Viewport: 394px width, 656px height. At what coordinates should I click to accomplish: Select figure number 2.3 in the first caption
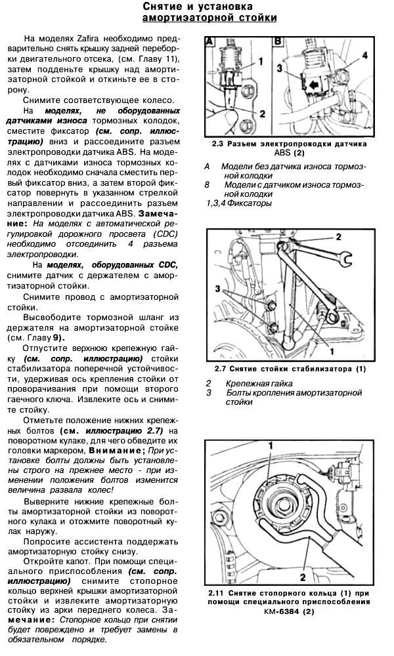point(219,144)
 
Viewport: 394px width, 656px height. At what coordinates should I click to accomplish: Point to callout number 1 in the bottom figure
point(269,446)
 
